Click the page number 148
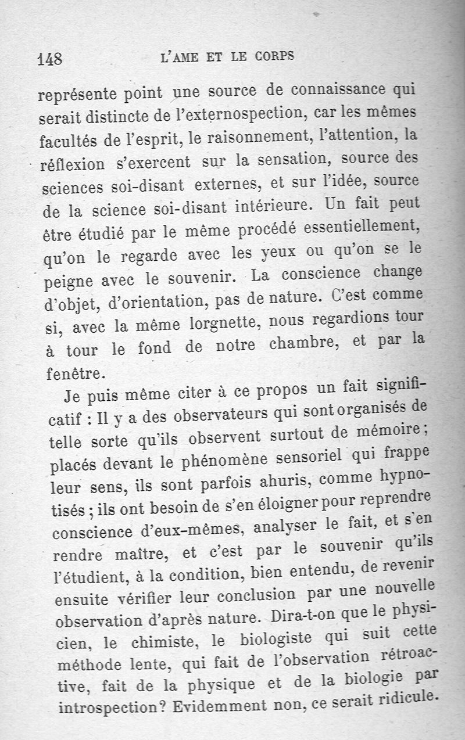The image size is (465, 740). pyautogui.click(x=49, y=59)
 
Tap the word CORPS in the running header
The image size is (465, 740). pyautogui.click(x=273, y=57)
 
